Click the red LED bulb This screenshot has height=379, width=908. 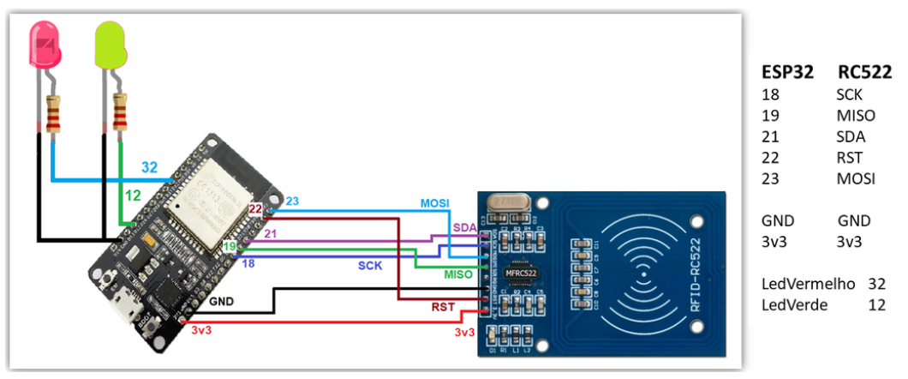click(45, 45)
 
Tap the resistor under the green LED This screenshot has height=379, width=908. click(121, 111)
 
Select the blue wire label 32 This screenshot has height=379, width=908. click(149, 167)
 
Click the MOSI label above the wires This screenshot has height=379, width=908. click(434, 203)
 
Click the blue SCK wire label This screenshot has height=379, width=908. click(370, 267)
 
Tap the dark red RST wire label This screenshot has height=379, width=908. click(443, 305)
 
